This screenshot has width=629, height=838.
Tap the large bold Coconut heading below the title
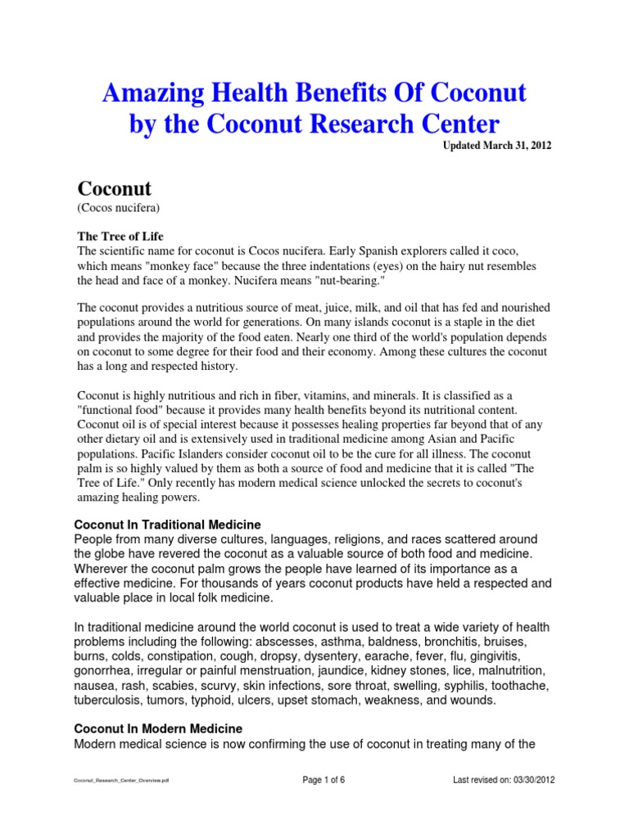coord(114,188)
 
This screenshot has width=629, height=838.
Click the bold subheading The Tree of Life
coord(116,235)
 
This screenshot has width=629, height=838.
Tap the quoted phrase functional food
coord(120,410)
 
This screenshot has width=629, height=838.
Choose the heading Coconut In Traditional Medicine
coord(168,524)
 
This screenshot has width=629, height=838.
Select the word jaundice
coord(374,672)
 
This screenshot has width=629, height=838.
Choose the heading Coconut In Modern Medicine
coord(158,728)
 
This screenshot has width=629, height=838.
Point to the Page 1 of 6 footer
coord(324,780)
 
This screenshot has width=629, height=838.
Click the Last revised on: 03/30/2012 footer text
coord(504,780)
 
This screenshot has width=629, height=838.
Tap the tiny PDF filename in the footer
coord(121,782)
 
